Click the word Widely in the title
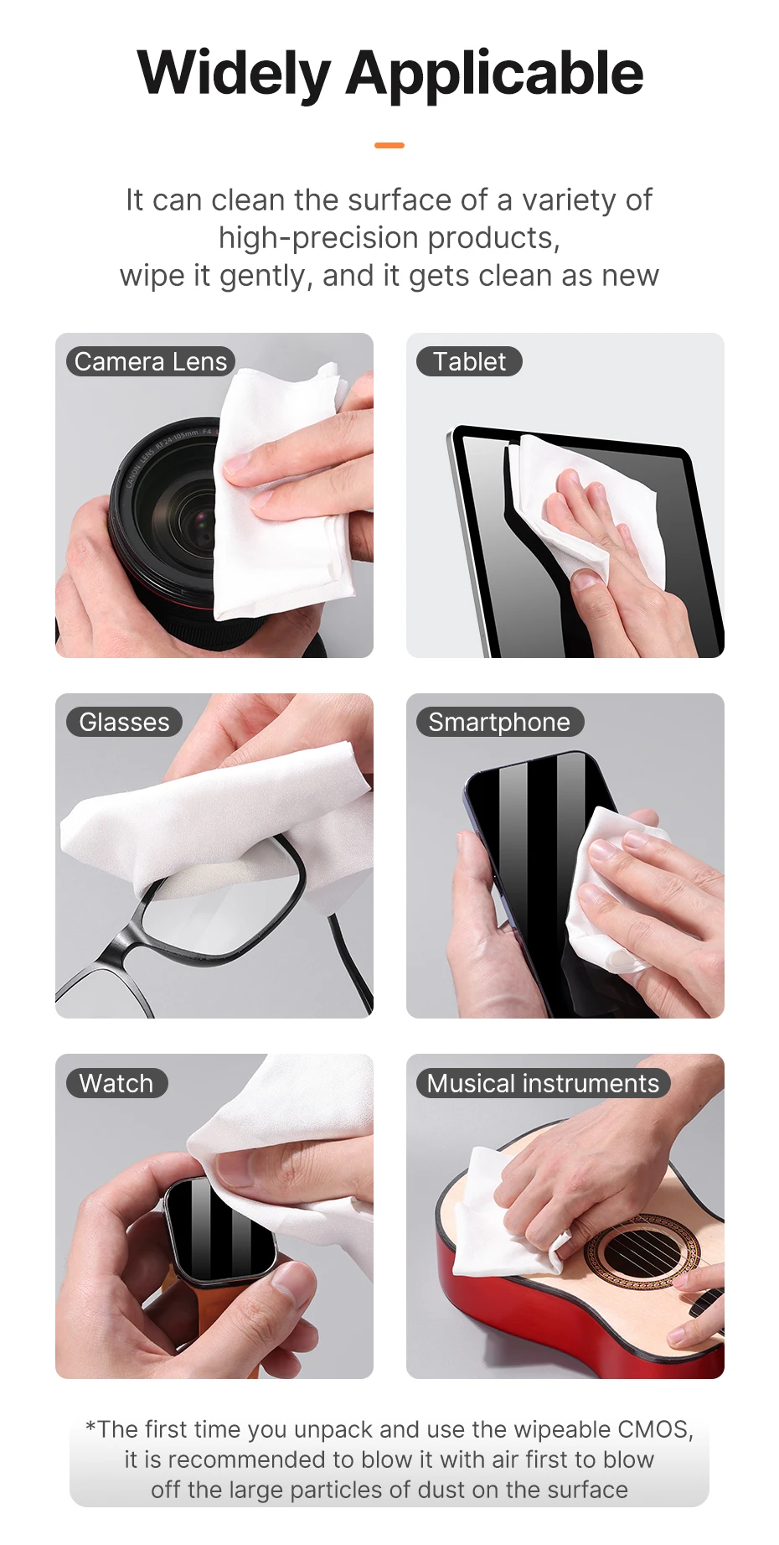coord(235,75)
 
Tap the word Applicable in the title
coord(495,75)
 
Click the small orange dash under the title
coord(389,146)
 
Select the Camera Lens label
coord(151,361)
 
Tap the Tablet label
coord(469,361)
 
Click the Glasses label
coord(124,722)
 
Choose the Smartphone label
coord(499,722)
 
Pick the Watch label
coord(116,1083)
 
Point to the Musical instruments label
coord(543,1083)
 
